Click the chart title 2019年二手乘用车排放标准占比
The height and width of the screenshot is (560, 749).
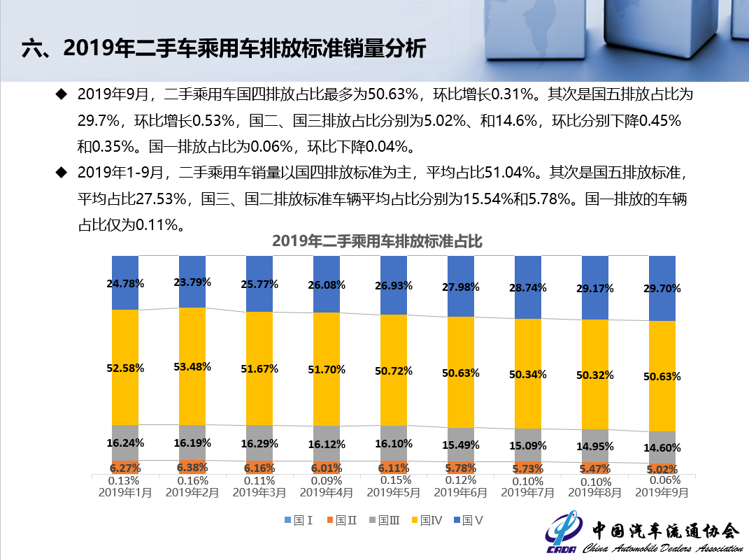[x=377, y=242]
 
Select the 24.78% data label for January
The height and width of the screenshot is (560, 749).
[x=126, y=283]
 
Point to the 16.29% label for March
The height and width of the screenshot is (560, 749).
[x=259, y=443]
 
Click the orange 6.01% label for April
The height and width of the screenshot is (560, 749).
[x=327, y=468]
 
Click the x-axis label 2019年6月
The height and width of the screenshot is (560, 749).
[x=460, y=492]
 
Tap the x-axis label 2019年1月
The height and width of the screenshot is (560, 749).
[x=125, y=492]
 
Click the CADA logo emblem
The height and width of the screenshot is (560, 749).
[x=562, y=535]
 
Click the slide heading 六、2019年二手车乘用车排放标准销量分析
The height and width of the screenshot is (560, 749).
[x=224, y=49]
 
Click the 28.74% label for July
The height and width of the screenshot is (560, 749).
[x=528, y=287]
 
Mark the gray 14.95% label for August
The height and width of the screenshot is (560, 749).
[x=595, y=447]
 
